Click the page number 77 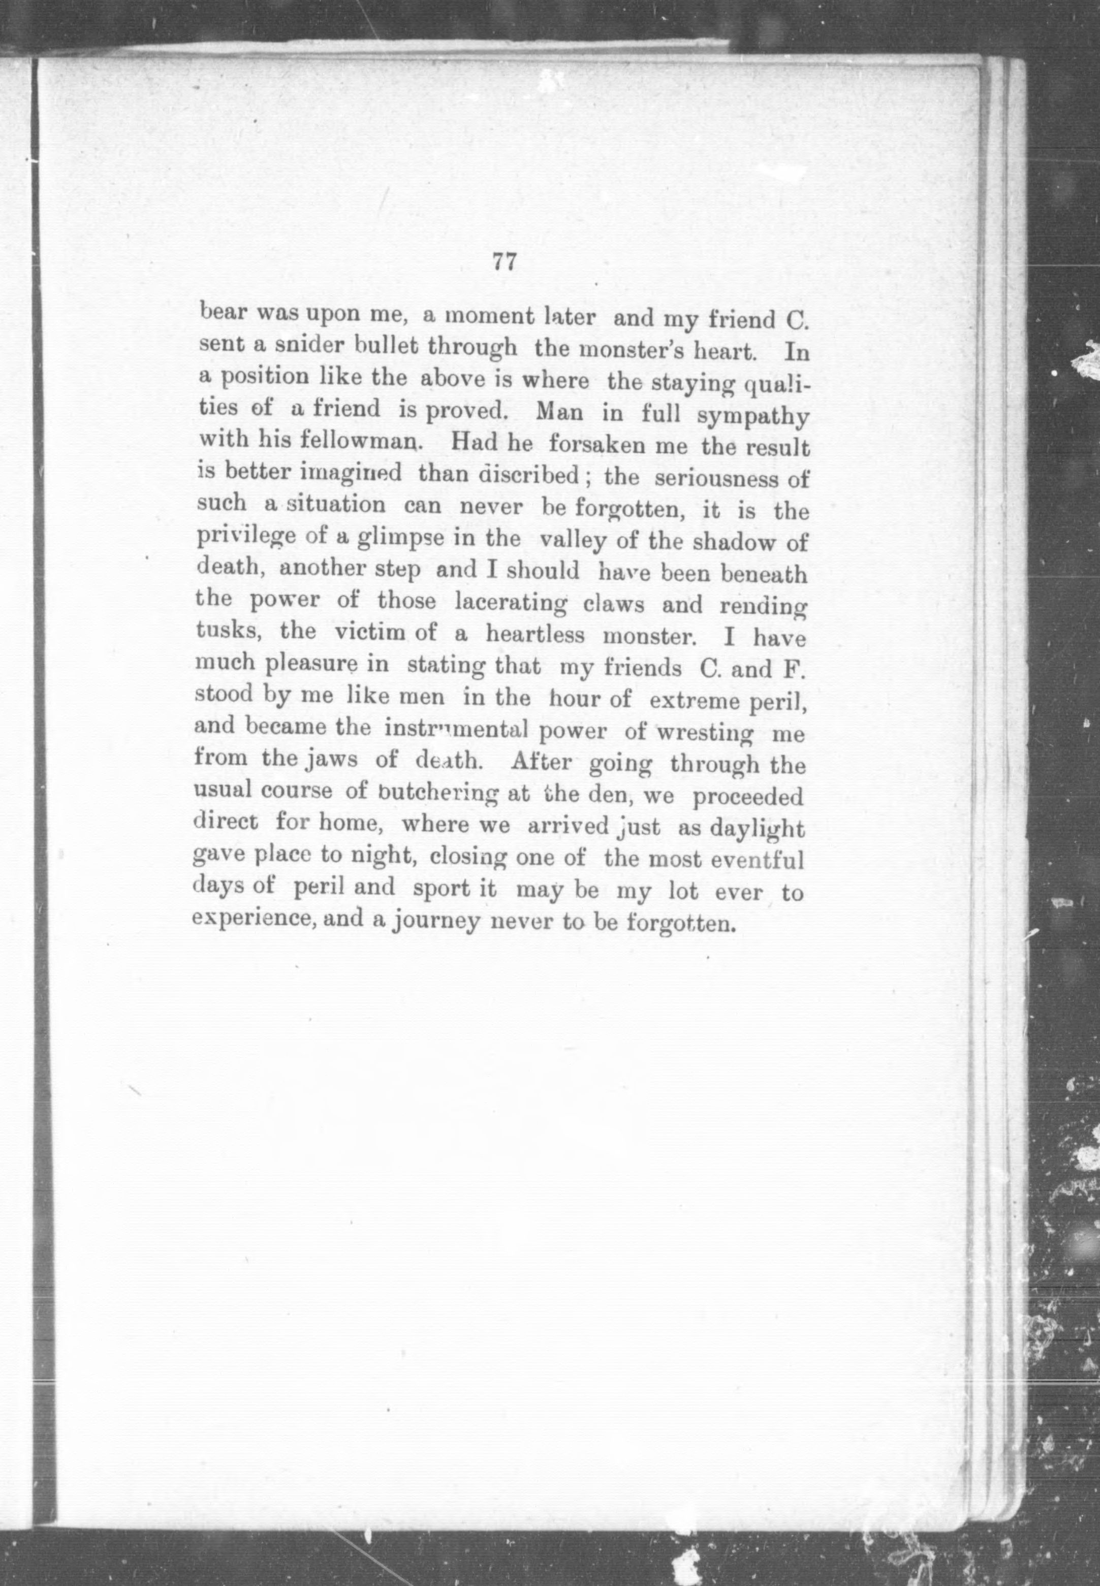(505, 263)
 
